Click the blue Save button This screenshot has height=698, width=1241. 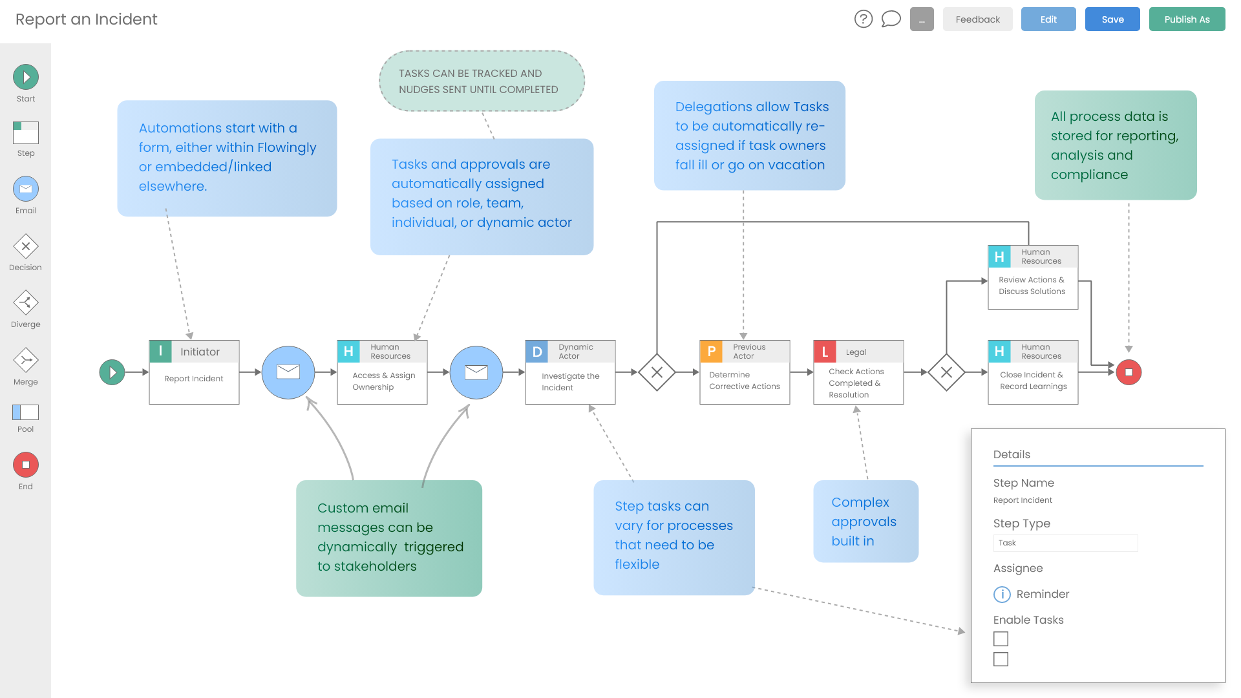pos(1112,19)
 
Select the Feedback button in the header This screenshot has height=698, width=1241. pos(977,19)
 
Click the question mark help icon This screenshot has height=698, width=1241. pos(863,19)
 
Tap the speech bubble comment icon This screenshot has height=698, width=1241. pos(891,19)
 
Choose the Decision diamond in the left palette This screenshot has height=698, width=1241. pos(26,246)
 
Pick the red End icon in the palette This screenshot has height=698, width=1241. pos(26,465)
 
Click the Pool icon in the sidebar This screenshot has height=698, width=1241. pos(26,412)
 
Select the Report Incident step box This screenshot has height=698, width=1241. pos(194,379)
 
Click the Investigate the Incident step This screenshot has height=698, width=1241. pos(570,381)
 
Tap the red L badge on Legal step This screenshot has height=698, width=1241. pos(825,352)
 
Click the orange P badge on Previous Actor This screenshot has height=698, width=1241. pos(711,351)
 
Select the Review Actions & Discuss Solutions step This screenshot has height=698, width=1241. pos(1032,286)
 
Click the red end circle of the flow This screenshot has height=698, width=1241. pos(1129,372)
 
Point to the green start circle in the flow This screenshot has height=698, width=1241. pos(112,372)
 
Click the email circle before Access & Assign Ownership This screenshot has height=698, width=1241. pos(288,372)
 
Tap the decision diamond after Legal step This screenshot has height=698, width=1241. pos(946,372)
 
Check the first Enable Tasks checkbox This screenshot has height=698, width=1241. pos(1001,639)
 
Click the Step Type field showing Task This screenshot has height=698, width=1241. pos(1065,543)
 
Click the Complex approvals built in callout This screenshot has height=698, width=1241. pos(865,521)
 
